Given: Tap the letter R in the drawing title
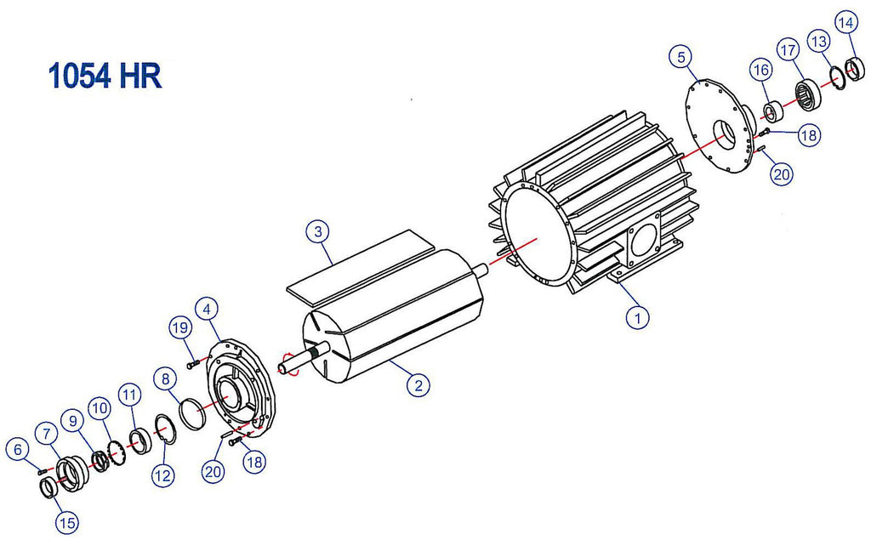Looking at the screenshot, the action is [150, 77].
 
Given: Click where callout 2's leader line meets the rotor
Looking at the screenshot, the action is [390, 361].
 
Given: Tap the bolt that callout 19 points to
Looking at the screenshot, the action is [193, 365].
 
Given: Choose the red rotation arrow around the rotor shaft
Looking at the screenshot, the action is [289, 364].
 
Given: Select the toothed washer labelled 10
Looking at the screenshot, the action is [116, 452].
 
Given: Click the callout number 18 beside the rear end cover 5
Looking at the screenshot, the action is [810, 135].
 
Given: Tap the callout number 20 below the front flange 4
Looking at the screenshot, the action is [213, 472].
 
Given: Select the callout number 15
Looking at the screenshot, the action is [66, 523].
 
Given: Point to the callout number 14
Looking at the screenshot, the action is [846, 23].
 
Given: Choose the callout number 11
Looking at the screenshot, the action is [129, 395].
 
